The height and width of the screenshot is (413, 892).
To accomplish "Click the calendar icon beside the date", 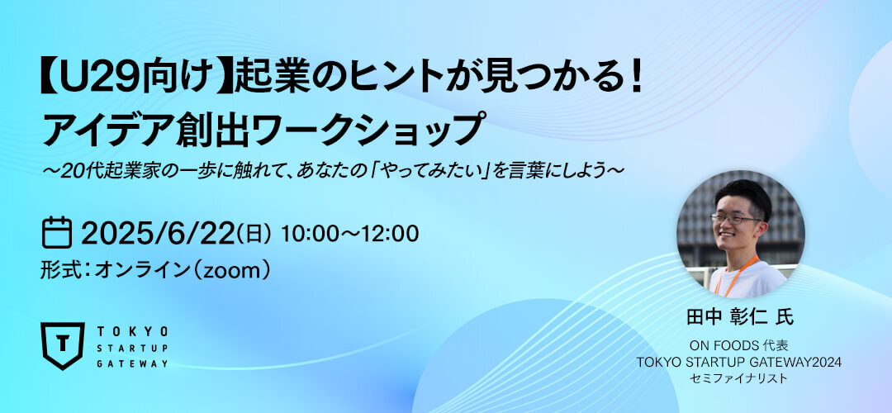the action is [x=57, y=233].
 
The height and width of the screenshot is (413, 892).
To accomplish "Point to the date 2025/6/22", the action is [x=157, y=233].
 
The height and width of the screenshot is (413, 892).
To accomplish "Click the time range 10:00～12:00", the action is [x=349, y=233].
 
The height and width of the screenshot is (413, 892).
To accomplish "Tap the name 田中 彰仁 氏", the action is [x=739, y=317].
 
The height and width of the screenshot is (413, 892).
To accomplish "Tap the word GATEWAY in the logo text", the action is [x=132, y=363].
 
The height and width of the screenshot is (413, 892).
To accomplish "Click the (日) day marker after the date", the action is [x=254, y=235].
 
